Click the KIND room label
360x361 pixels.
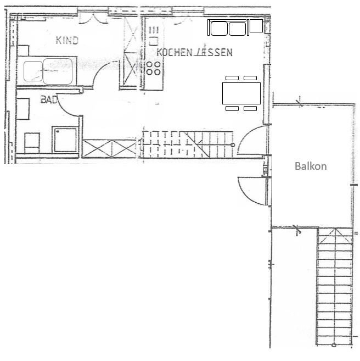coord(67,40)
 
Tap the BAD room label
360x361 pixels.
coord(49,99)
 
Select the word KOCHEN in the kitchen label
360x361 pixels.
coord(175,53)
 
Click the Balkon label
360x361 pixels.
coord(311,166)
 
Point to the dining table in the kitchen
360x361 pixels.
coord(241,93)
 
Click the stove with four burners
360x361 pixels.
coord(154,68)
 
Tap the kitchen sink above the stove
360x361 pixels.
coord(154,36)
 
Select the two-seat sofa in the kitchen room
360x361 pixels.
coord(228,27)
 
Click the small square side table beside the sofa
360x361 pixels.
coord(256,26)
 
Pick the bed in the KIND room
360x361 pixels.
coord(47,71)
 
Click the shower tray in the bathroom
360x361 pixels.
coord(65,139)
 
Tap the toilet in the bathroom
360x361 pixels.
coord(32,143)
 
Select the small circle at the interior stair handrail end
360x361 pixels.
coord(233,145)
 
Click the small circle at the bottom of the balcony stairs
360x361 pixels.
coord(334,345)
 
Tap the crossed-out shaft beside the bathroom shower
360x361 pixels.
coord(109,148)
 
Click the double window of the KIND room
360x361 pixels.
coord(93,15)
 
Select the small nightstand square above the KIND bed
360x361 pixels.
coord(23,51)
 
